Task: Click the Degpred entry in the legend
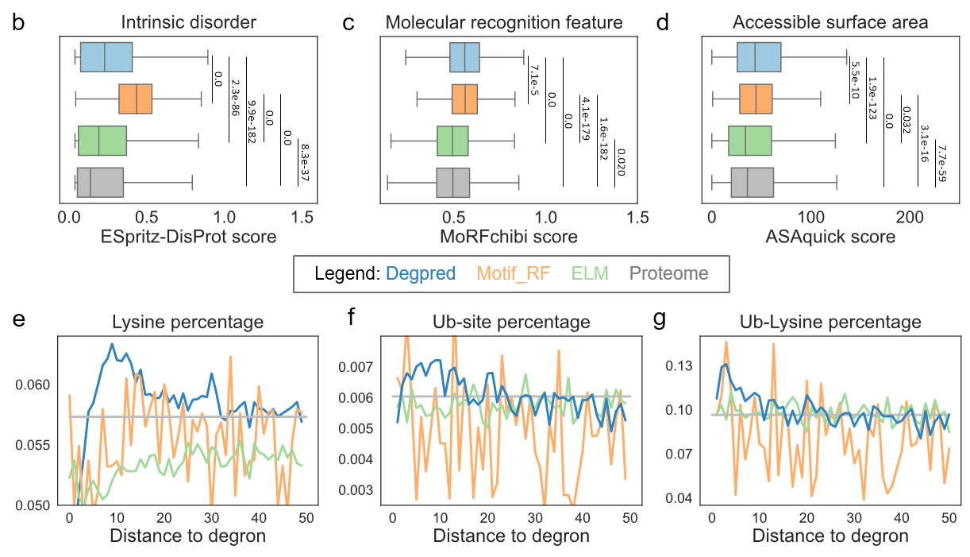pyautogui.click(x=421, y=273)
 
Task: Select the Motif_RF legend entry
pyautogui.click(x=513, y=273)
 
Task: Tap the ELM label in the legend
pyautogui.click(x=590, y=273)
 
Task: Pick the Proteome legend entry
pyautogui.click(x=668, y=273)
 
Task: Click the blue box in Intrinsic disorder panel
pyautogui.click(x=106, y=57)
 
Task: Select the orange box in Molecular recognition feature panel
pyautogui.click(x=464, y=99)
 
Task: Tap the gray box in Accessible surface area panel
pyautogui.click(x=753, y=183)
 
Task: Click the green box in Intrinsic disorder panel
pyautogui.click(x=102, y=141)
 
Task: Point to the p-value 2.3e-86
pyautogui.click(x=234, y=98)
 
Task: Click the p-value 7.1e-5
pyautogui.click(x=534, y=80)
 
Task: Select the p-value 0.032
pyautogui.click(x=906, y=120)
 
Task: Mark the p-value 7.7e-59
pyautogui.click(x=941, y=164)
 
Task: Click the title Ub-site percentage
pyautogui.click(x=511, y=322)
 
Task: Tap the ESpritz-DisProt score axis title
pyautogui.click(x=188, y=237)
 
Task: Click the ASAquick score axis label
pyautogui.click(x=830, y=237)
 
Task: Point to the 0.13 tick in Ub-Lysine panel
pyautogui.click(x=679, y=366)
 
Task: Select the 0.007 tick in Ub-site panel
pyautogui.click(x=356, y=367)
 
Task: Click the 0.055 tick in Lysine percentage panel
pyautogui.click(x=33, y=446)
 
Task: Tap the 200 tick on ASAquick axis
pyautogui.click(x=910, y=217)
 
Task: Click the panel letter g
pyautogui.click(x=659, y=320)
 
